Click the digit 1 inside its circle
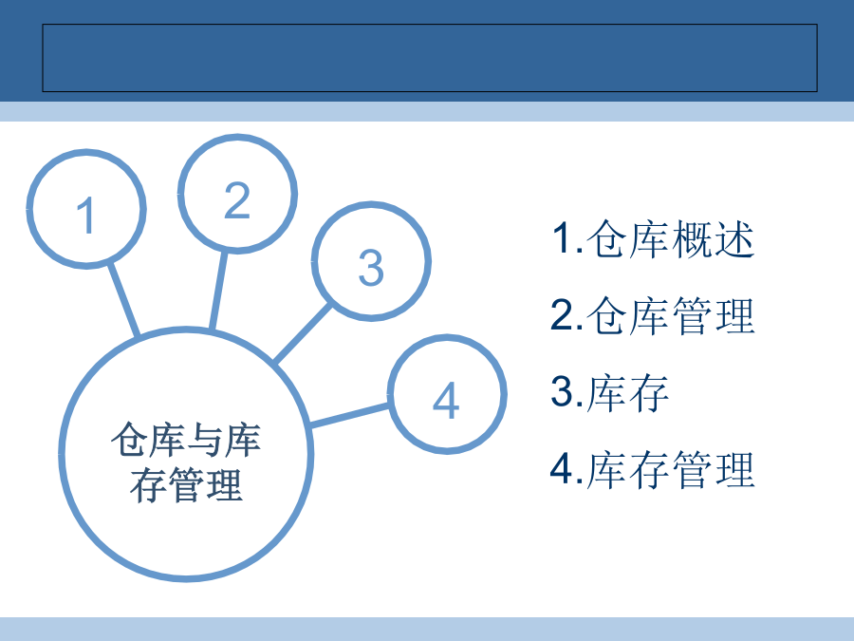pyautogui.click(x=86, y=215)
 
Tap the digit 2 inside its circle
pyautogui.click(x=237, y=200)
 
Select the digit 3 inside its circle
pyautogui.click(x=371, y=268)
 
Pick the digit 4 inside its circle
pyautogui.click(x=446, y=400)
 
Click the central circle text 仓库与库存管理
pyautogui.click(x=186, y=462)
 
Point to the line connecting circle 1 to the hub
pyautogui.click(x=123, y=299)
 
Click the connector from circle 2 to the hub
pyautogui.click(x=218, y=290)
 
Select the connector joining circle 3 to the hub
pyautogui.click(x=303, y=333)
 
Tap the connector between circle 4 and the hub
pyautogui.click(x=349, y=415)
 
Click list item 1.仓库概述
pyautogui.click(x=653, y=238)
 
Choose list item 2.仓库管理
pyautogui.click(x=653, y=315)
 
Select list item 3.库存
pyautogui.click(x=609, y=392)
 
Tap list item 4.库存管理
pyautogui.click(x=653, y=469)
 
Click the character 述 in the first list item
pyautogui.click(x=734, y=238)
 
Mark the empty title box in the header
pyautogui.click(x=430, y=58)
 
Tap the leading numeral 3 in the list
pyautogui.click(x=562, y=391)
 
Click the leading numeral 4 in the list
pyautogui.click(x=562, y=468)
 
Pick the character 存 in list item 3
pyautogui.click(x=649, y=392)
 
